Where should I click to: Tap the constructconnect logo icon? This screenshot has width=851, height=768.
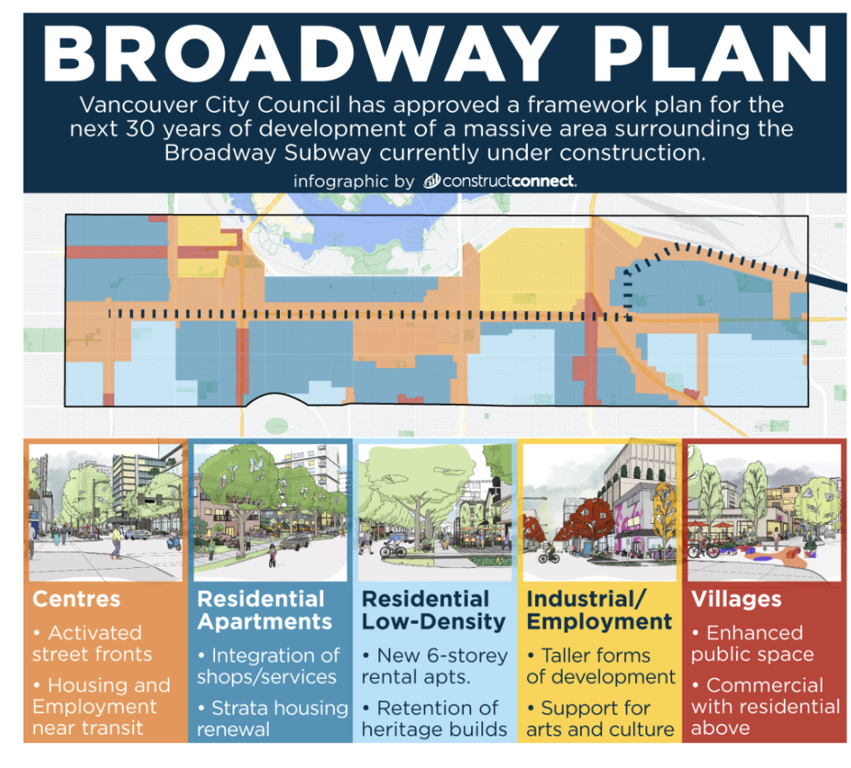[x=432, y=180]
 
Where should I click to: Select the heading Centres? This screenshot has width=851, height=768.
[x=76, y=599]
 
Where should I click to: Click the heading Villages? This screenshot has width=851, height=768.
[x=736, y=599]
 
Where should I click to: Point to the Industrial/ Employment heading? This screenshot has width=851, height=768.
[x=599, y=610]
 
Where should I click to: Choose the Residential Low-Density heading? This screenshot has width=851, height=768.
[x=433, y=610]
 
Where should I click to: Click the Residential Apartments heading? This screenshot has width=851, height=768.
[x=264, y=610]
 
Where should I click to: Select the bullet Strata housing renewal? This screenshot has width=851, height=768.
[x=272, y=718]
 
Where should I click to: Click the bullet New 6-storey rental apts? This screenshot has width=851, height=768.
[x=434, y=666]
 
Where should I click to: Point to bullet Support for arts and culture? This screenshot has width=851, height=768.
[x=600, y=718]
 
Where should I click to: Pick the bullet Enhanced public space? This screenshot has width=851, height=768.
[x=753, y=644]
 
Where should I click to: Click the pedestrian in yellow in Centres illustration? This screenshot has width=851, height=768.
[x=116, y=543]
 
